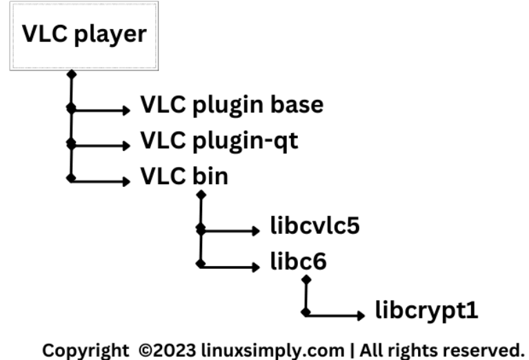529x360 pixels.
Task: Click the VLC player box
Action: click(x=83, y=35)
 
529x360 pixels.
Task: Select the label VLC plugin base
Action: click(x=232, y=106)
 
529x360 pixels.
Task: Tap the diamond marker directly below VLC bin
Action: click(x=201, y=195)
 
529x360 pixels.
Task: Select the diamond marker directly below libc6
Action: click(x=306, y=280)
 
